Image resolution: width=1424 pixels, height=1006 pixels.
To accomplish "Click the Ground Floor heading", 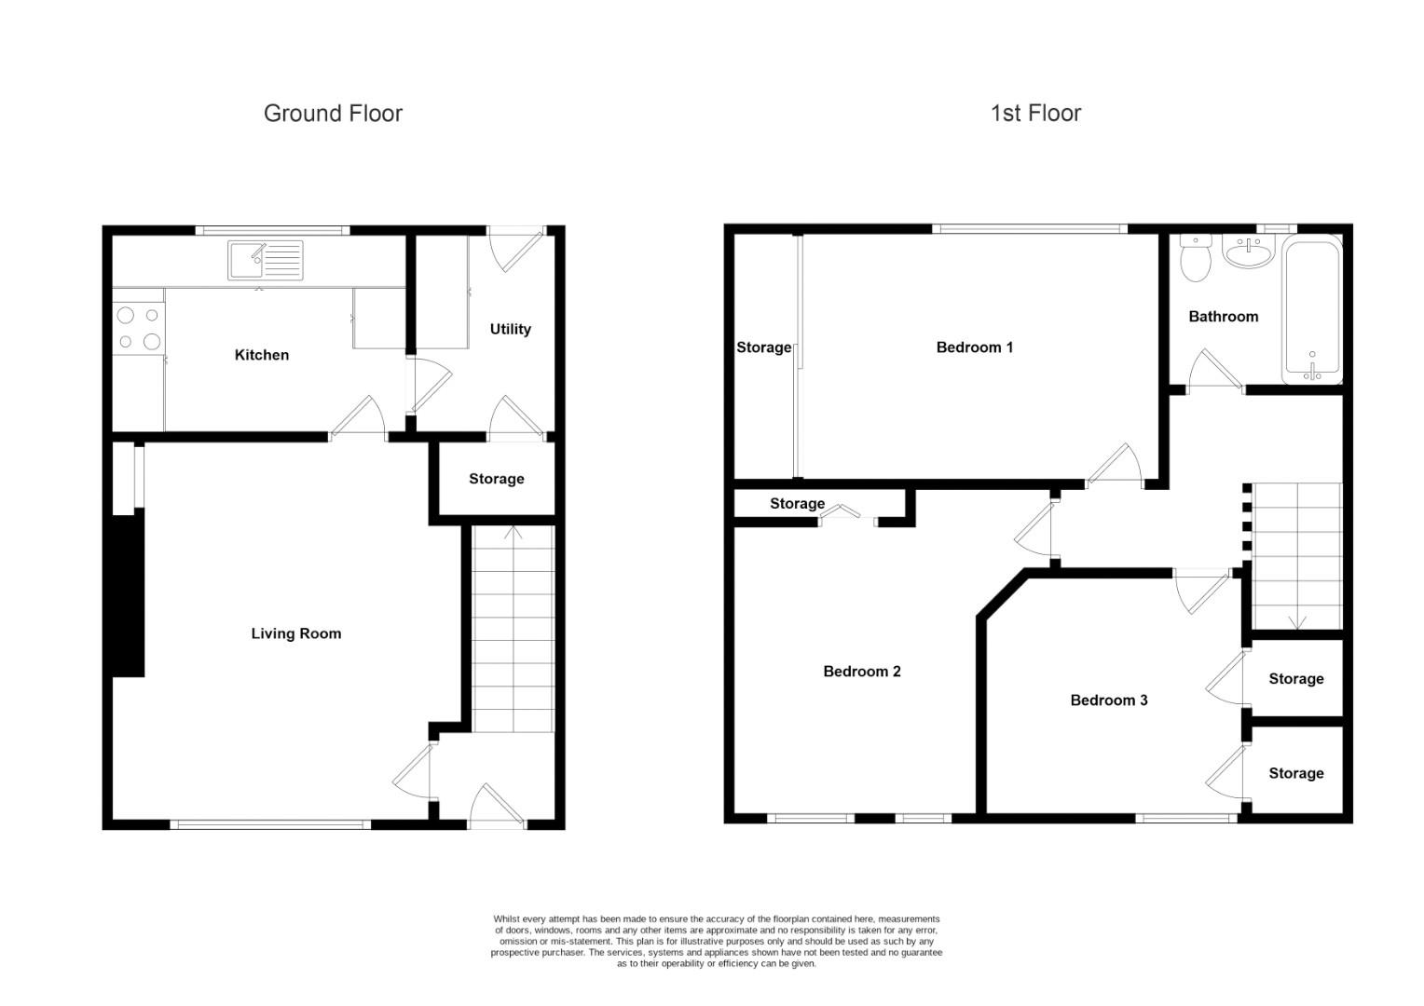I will [333, 114].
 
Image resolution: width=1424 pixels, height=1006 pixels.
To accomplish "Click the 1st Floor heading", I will [1035, 114].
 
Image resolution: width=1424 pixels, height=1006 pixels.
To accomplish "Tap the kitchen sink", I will [265, 260].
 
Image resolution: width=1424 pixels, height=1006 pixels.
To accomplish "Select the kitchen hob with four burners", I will [138, 329].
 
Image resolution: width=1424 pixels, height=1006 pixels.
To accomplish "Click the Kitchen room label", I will [261, 355].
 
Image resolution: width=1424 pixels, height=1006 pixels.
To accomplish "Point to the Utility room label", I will [510, 329].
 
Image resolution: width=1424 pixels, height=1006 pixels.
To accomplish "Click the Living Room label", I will [295, 633].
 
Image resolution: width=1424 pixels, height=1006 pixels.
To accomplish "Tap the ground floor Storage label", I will [496, 479].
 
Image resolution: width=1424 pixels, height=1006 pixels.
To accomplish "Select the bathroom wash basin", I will [1247, 251].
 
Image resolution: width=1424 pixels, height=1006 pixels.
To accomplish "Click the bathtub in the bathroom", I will [1312, 310].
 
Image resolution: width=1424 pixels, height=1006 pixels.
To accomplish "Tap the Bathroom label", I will [1223, 317].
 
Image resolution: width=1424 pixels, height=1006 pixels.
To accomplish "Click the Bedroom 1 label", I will [974, 347].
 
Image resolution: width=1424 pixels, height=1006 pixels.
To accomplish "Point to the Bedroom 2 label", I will [861, 672].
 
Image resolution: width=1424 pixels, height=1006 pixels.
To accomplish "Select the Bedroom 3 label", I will [1108, 700].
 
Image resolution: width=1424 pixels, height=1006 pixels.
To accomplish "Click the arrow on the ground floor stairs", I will [513, 534].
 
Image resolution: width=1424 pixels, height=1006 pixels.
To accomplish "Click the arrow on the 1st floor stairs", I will [1296, 621].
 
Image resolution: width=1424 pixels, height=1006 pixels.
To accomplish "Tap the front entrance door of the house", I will [497, 809].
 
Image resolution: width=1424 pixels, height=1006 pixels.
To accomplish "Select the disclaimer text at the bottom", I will [716, 941].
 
